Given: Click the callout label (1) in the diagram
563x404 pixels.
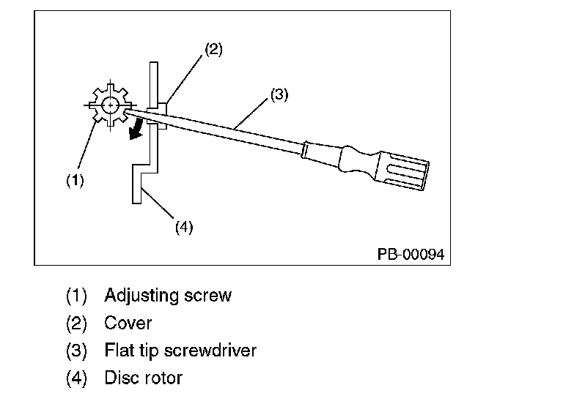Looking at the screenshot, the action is (75, 180).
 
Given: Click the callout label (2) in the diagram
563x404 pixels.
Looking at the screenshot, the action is (213, 49).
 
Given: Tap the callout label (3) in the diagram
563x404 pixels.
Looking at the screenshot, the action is (279, 94).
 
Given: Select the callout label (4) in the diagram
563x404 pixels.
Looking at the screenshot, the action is (184, 228).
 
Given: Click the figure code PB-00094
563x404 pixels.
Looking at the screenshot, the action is (411, 254).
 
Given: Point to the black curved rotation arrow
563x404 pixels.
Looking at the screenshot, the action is (136, 130).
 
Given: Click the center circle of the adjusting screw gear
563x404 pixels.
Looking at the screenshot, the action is (110, 105).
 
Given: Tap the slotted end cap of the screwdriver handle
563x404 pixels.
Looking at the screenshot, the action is (403, 171).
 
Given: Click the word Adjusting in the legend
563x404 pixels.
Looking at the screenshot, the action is (141, 296).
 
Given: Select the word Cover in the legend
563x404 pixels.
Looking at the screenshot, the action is (128, 323).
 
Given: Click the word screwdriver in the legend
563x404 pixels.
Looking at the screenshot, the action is (210, 351).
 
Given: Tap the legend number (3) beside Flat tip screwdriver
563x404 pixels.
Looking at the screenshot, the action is (76, 351).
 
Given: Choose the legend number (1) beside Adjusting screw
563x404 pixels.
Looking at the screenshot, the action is (76, 296).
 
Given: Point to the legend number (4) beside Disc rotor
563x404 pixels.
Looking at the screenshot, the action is (76, 378).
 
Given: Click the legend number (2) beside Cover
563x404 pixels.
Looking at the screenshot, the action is (76, 323).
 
